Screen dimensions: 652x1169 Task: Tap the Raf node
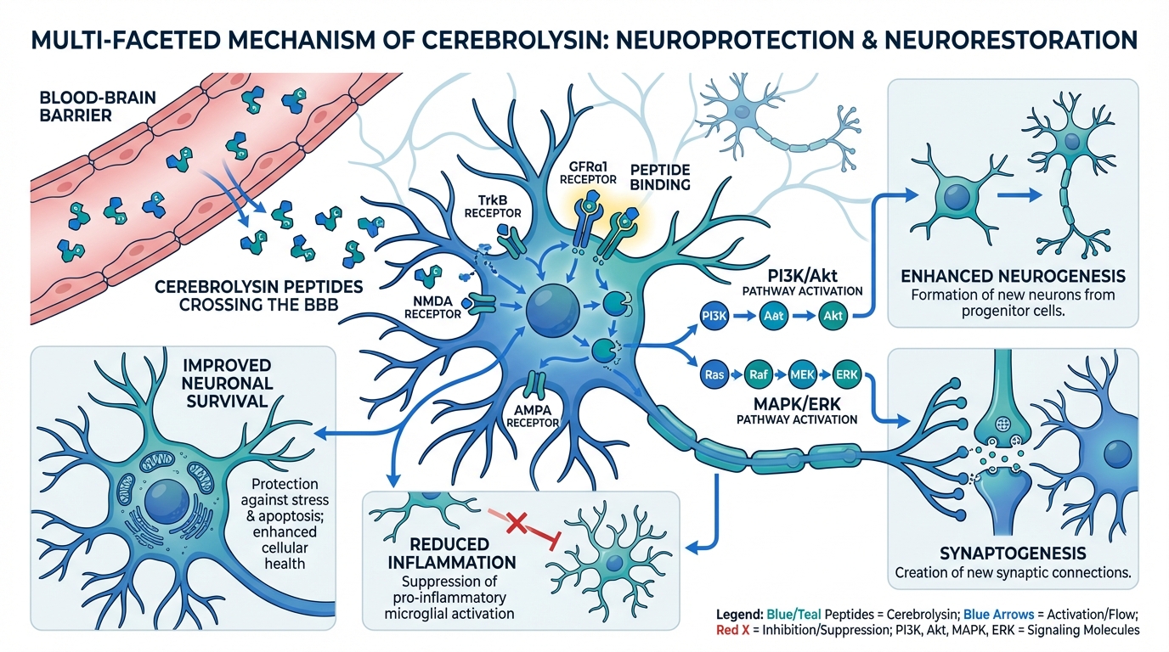tap(758, 374)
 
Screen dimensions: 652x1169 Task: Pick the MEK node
tap(802, 374)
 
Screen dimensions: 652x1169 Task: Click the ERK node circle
tap(845, 374)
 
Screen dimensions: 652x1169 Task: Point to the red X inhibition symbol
tap(514, 524)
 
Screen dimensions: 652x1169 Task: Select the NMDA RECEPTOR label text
tap(438, 306)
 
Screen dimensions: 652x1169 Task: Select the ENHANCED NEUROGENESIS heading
tap(1012, 277)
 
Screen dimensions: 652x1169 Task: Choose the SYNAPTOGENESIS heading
tap(1013, 553)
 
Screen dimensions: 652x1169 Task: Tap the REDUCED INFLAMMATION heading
tap(452, 554)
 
